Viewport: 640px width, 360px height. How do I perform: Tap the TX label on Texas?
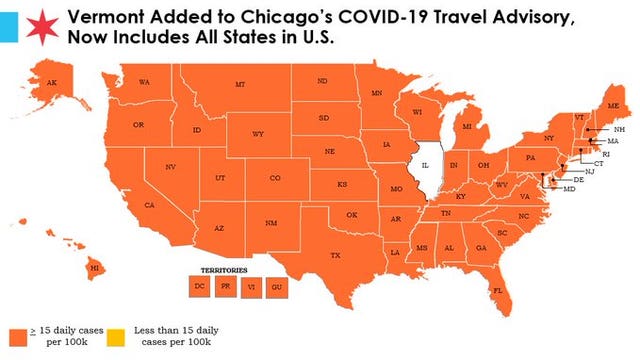[x=335, y=256]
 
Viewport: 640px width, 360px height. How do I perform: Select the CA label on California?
[x=148, y=205]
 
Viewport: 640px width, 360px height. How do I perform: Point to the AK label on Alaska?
[x=52, y=83]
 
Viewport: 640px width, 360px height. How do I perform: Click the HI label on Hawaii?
[x=96, y=268]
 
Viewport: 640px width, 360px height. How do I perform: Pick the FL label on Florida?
[x=497, y=291]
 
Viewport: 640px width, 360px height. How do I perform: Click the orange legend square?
[x=17, y=334]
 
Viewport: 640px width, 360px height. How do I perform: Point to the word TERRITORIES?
[x=225, y=270]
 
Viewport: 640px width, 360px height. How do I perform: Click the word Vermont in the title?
[x=107, y=16]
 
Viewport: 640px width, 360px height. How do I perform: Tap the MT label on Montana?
[x=240, y=85]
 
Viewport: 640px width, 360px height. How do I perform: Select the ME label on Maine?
[x=613, y=105]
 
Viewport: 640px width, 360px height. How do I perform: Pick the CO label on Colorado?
[x=275, y=178]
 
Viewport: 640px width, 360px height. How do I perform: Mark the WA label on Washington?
[x=144, y=81]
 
